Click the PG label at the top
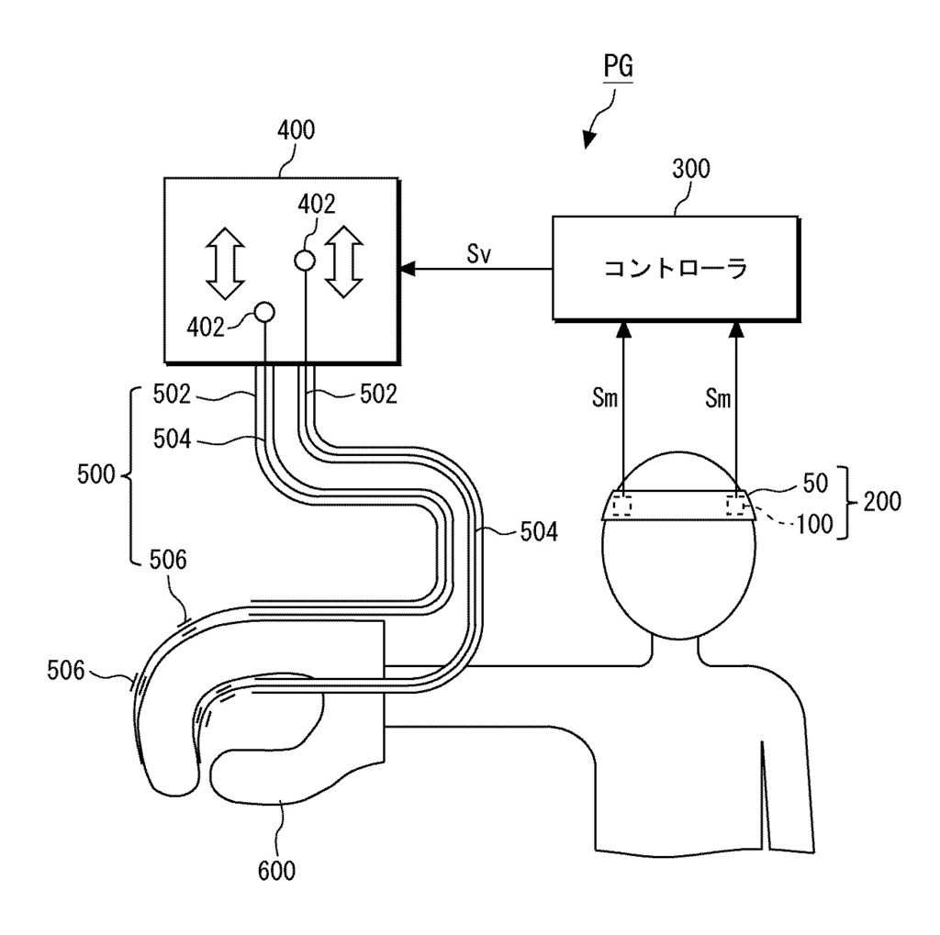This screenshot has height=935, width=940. pos(618,66)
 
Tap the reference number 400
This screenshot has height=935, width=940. pos(297,130)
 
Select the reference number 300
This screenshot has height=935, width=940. pos(691,169)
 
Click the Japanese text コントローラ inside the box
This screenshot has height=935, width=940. pos(676,268)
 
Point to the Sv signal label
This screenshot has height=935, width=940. pos(479,254)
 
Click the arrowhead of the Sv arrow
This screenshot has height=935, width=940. pos(407,269)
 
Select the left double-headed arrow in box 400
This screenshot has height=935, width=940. pos(226,263)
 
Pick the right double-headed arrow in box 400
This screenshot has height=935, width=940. pos(344,262)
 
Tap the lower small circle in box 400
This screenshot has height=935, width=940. pos(264,312)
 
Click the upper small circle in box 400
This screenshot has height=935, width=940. pos(305,261)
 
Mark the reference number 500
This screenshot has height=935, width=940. pos(95,474)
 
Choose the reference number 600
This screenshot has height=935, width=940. pos(276,871)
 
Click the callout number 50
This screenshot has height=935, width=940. pos(815,483)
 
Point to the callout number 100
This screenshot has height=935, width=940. pos(815,524)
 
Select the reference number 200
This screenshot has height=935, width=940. pos(882,501)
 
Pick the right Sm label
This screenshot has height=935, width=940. pos(718,398)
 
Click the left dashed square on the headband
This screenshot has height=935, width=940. pos(621,506)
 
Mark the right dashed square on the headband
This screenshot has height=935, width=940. pos(735,506)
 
